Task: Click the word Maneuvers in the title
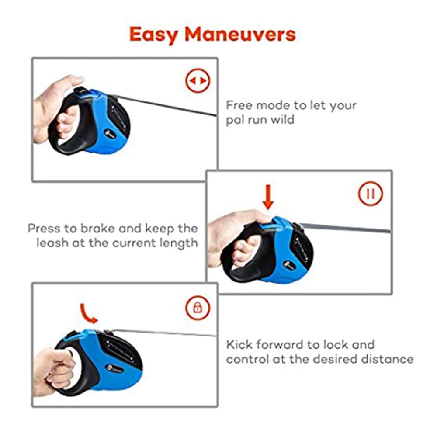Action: point(240,34)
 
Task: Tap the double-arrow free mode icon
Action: point(198,80)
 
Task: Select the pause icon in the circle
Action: point(371,194)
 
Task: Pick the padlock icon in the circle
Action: point(198,308)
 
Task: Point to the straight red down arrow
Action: point(268,197)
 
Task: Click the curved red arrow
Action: point(88,313)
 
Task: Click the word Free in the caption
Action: point(239,105)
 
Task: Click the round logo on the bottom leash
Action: point(111,368)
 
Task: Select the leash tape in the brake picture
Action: point(346,228)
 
